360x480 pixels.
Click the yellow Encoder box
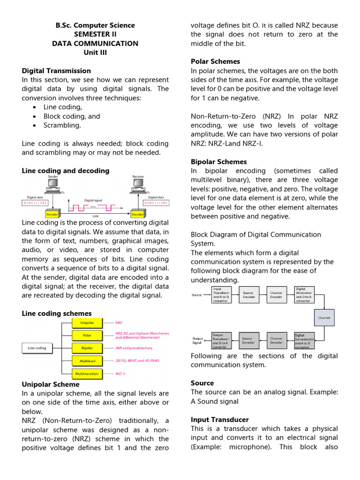point(51,214)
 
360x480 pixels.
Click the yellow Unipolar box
point(87,322)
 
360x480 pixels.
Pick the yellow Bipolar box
point(87,348)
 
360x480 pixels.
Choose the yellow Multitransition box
point(87,374)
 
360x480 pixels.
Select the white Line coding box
point(37,348)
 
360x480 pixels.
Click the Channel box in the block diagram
point(324,317)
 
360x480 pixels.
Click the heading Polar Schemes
point(215,61)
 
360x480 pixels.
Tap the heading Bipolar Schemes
point(218,162)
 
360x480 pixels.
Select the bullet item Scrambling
point(62,125)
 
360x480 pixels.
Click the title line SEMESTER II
point(95,34)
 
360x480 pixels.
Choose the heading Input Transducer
point(220,420)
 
